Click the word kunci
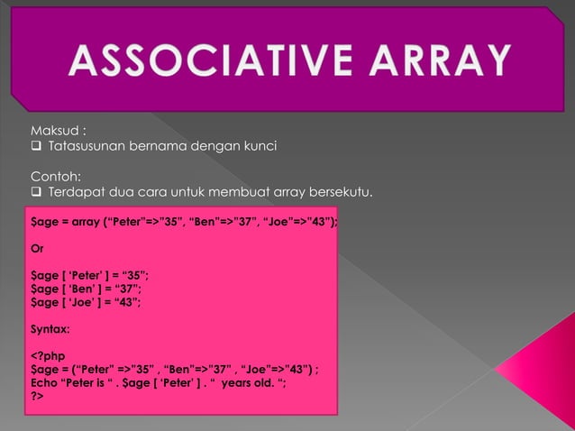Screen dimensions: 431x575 tap(258, 148)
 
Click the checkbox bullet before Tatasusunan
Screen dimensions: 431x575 tap(37, 148)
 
